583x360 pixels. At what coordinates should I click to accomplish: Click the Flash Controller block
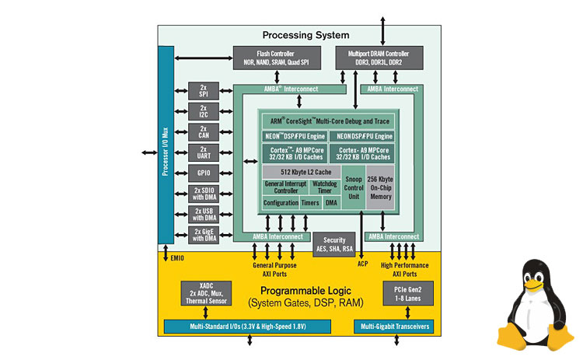272,57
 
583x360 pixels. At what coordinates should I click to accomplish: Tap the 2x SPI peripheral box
204,90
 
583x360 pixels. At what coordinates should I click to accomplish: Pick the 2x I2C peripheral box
204,111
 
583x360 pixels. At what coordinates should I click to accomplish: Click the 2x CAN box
204,131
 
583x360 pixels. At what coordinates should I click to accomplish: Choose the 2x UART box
204,152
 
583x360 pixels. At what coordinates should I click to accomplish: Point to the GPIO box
204,173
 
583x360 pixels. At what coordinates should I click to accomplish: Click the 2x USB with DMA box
204,215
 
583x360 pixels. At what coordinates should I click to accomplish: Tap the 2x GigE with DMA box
204,235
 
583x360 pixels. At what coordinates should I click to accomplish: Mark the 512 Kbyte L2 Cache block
301,172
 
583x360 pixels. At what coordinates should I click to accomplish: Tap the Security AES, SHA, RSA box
334,245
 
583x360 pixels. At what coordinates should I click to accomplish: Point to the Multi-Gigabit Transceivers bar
394,326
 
